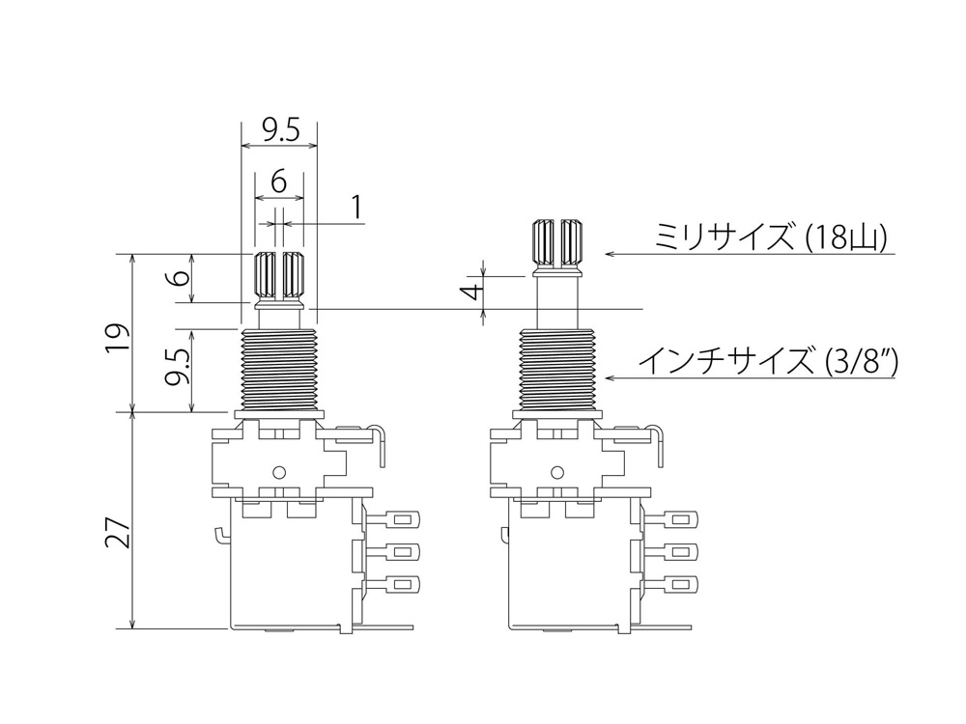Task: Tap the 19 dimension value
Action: coord(118,336)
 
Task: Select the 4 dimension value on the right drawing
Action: coord(472,292)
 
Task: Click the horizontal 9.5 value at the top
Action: coord(279,130)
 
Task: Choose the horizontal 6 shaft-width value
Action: coord(278,181)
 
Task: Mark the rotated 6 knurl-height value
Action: coord(180,277)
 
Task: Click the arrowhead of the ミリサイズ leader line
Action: coord(610,254)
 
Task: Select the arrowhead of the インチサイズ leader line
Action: coord(610,377)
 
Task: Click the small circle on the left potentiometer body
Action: coord(279,473)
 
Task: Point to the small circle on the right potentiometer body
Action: coord(557,473)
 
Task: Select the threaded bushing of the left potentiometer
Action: coord(279,369)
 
